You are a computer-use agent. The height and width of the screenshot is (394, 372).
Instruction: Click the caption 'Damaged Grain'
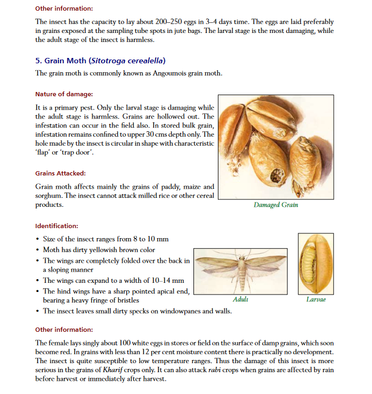point(276,205)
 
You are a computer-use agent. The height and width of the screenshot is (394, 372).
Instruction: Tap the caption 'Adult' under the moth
point(240,299)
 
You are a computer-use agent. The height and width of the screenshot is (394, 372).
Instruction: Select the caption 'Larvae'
point(316,299)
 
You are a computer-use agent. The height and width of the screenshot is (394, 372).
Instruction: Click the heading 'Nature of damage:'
point(64,94)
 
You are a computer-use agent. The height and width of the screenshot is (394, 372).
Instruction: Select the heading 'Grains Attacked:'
point(60,173)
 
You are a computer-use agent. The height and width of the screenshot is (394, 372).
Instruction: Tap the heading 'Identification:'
point(56,225)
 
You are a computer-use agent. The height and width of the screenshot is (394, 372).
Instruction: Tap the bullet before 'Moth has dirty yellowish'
point(37,250)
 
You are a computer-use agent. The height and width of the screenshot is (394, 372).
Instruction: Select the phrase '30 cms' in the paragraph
point(163,135)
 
